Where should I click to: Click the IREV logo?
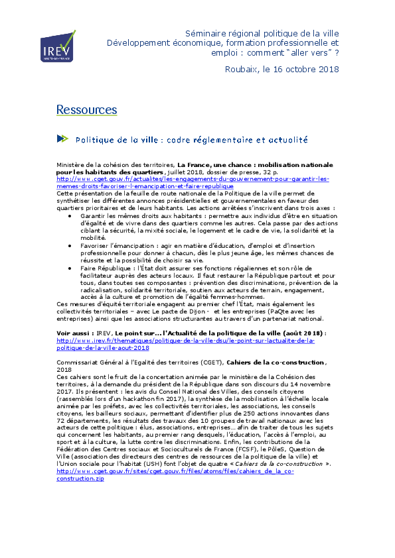point(58,46)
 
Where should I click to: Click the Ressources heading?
point(86,109)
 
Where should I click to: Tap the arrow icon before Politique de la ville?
point(62,139)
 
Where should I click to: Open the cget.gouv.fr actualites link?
point(193,182)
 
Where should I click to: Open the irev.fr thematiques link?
point(185,344)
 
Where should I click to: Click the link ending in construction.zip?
point(175,474)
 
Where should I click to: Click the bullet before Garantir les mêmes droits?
point(70,216)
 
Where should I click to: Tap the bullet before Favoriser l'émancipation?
point(70,246)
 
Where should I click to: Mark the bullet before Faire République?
point(70,268)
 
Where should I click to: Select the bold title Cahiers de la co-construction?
point(276,363)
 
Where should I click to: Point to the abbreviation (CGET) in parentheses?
point(212,363)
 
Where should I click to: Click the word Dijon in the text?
point(197,311)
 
